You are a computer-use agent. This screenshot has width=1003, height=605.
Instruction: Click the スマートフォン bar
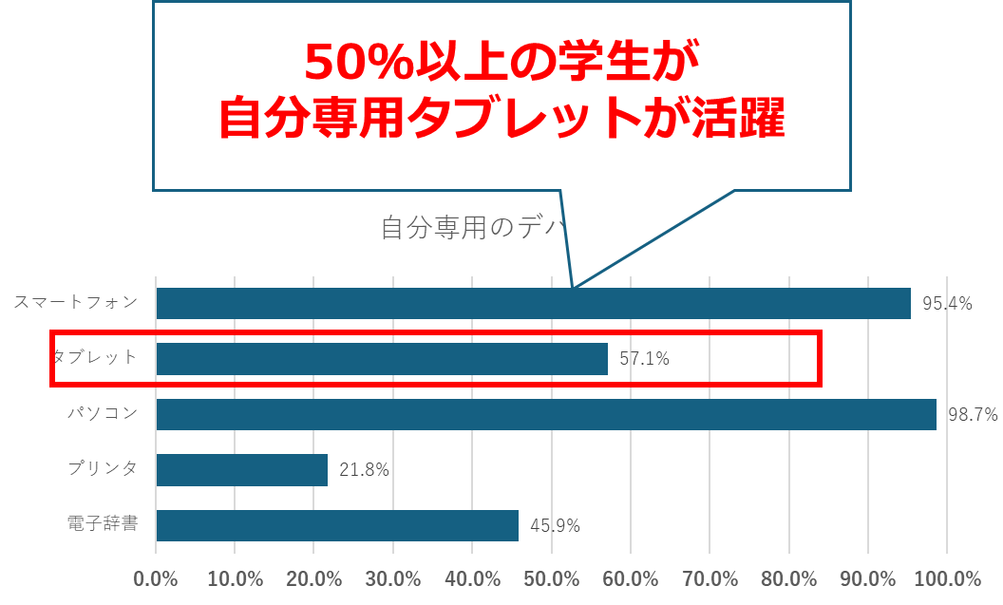pyautogui.click(x=533, y=303)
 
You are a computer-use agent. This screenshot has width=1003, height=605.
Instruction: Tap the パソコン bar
pyautogui.click(x=546, y=415)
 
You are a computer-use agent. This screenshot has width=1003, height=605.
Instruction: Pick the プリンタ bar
pyautogui.click(x=242, y=470)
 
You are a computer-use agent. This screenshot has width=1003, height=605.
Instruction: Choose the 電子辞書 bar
pyautogui.click(x=337, y=525)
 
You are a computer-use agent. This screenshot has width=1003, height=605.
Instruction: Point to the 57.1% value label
pyautogui.click(x=645, y=359)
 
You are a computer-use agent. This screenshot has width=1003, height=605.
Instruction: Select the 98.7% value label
pyautogui.click(x=973, y=415)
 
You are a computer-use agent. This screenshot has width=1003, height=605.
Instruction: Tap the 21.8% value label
pyautogui.click(x=365, y=470)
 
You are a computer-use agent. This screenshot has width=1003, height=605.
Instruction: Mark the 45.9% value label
pyautogui.click(x=555, y=525)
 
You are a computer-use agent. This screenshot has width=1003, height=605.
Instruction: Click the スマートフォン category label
pyautogui.click(x=76, y=303)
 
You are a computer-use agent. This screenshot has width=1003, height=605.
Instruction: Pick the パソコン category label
pyautogui.click(x=103, y=414)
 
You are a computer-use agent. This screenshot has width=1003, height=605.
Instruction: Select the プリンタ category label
pyautogui.click(x=103, y=469)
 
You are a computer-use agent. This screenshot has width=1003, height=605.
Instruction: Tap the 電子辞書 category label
pyautogui.click(x=103, y=524)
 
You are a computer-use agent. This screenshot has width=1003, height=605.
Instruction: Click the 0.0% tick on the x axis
pyautogui.click(x=157, y=579)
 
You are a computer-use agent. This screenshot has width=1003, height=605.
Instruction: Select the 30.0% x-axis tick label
pyautogui.click(x=393, y=579)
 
